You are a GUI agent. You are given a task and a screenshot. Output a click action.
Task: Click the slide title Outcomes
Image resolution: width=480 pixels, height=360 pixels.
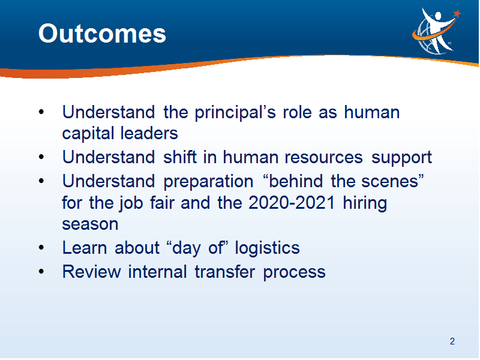pyautogui.click(x=102, y=34)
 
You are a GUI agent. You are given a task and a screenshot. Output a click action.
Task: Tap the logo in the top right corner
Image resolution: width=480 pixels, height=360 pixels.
pyautogui.click(x=437, y=31)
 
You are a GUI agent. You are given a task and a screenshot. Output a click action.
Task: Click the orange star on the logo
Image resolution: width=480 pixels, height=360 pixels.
pyautogui.click(x=457, y=13)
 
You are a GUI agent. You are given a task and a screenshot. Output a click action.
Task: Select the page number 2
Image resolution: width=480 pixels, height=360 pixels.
pyautogui.click(x=452, y=341)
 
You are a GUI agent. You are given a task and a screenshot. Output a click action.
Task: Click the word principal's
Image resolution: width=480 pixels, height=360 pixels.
pyautogui.click(x=235, y=113)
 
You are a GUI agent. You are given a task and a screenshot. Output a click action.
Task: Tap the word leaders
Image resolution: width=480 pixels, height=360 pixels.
pyautogui.click(x=149, y=133)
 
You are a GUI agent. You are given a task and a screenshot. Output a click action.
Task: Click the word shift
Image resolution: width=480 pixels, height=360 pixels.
pyautogui.click(x=179, y=157)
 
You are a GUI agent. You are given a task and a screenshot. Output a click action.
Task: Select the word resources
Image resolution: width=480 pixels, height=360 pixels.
pyautogui.click(x=323, y=158)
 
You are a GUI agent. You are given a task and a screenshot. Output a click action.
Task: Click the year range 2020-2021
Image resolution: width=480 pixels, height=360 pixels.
pyautogui.click(x=292, y=203)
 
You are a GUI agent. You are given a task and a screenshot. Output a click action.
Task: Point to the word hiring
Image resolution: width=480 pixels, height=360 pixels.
pyautogui.click(x=365, y=203)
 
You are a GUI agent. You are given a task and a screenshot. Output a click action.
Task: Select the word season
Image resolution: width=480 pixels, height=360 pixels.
pyautogui.click(x=90, y=224)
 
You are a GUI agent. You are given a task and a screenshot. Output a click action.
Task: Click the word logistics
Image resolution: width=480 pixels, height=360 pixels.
pyautogui.click(x=267, y=248)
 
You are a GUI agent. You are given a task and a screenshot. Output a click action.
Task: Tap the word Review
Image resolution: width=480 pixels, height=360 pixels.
pyautogui.click(x=92, y=272)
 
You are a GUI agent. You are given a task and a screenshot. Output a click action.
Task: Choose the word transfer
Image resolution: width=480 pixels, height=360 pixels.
pyautogui.click(x=224, y=272)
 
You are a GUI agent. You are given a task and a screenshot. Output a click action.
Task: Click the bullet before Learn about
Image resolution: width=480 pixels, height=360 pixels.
pyautogui.click(x=41, y=247)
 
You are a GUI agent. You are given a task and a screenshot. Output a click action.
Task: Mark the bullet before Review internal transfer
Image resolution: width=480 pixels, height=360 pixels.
pyautogui.click(x=41, y=272)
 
